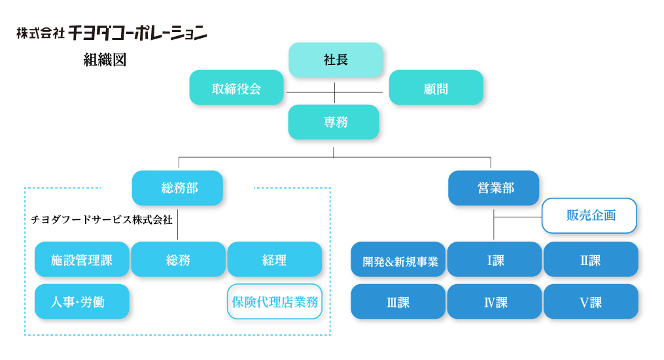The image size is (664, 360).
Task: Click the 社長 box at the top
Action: click(336, 60)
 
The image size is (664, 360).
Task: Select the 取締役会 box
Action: click(236, 88)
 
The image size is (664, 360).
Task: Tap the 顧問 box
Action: click(436, 88)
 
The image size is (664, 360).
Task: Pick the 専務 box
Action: click(334, 122)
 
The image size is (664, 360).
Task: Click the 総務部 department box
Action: click(177, 188)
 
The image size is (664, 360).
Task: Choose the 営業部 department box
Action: click(494, 188)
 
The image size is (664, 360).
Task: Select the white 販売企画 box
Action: click(589, 215)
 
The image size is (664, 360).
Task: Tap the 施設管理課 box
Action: click(82, 259)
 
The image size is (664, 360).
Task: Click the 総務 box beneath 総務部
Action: click(179, 259)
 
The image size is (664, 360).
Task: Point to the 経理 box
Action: click(275, 259)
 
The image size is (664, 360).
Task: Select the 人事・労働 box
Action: click(82, 302)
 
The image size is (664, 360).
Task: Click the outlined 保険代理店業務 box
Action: click(275, 302)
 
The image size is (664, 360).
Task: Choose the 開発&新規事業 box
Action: click(398, 259)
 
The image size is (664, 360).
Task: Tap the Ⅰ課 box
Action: click(495, 259)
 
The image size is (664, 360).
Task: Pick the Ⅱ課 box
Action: click(591, 259)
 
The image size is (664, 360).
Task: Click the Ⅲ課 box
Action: click(398, 302)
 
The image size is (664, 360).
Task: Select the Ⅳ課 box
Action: click(495, 302)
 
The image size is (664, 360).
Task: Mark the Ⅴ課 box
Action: click(591, 302)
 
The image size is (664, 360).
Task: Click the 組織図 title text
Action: click(105, 60)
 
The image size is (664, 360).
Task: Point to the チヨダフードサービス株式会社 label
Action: click(101, 219)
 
